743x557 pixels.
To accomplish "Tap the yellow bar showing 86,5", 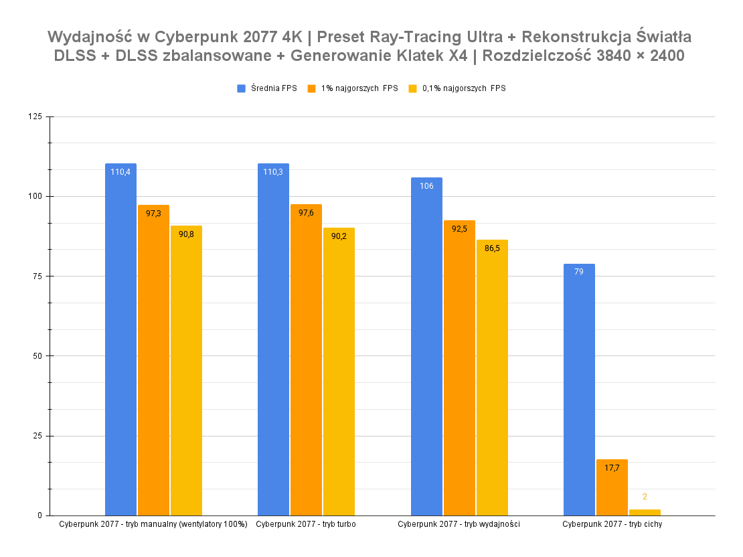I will pyautogui.click(x=492, y=378).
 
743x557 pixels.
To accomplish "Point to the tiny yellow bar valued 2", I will pyautogui.click(x=645, y=512).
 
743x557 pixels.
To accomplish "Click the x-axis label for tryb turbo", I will pyautogui.click(x=305, y=524).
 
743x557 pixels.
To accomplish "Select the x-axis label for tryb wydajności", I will pyautogui.click(x=459, y=524).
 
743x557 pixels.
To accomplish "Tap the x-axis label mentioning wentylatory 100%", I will pyautogui.click(x=153, y=524).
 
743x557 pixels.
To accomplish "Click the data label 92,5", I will pyautogui.click(x=459, y=229).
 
